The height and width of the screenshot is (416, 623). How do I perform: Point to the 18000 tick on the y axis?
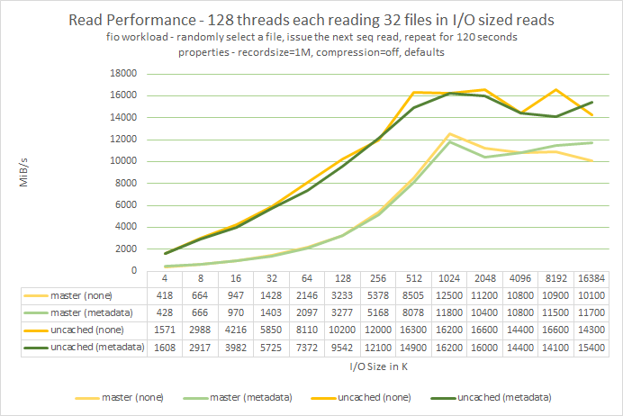pos(122,74)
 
